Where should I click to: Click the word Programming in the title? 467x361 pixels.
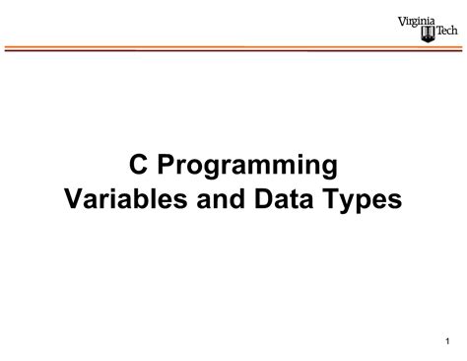(x=247, y=167)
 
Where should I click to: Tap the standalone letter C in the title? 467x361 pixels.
(x=138, y=164)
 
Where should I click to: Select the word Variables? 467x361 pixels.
(x=126, y=198)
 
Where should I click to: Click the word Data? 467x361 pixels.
(x=284, y=198)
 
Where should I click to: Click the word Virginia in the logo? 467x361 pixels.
(x=417, y=22)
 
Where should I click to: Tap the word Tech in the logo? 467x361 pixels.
(x=446, y=31)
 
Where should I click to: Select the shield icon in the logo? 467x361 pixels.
(x=428, y=35)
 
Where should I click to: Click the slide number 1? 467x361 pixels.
(x=447, y=341)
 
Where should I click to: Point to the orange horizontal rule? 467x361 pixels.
(x=233, y=47)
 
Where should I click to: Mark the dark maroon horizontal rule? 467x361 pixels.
(x=233, y=50)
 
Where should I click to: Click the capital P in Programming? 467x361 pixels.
(x=167, y=164)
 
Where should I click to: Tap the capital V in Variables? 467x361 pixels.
(x=75, y=198)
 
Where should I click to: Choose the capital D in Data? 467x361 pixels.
(x=264, y=198)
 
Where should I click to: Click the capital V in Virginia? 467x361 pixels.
(x=403, y=22)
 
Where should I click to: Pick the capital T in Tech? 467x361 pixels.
(x=439, y=31)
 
